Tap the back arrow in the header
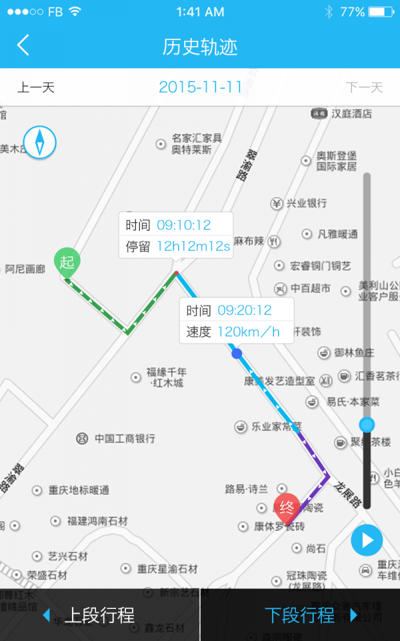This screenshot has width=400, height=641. (x=23, y=45)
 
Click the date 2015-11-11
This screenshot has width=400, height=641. (x=200, y=87)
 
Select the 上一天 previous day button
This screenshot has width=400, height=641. (x=36, y=87)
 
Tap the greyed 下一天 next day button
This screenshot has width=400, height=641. (x=364, y=87)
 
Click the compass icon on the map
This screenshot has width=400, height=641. (x=39, y=142)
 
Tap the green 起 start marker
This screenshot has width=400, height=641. (x=67, y=262)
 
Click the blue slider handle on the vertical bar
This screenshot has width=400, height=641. (x=367, y=425)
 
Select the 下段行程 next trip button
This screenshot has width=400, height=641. (x=301, y=615)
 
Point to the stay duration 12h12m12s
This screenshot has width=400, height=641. (x=193, y=246)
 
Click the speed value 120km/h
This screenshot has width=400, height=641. (x=249, y=331)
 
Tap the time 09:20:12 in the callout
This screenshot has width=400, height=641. (x=245, y=310)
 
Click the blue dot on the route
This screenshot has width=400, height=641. (x=236, y=353)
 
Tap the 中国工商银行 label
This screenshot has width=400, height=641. (x=124, y=439)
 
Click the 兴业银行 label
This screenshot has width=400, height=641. (x=306, y=203)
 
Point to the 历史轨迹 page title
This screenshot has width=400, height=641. (x=200, y=46)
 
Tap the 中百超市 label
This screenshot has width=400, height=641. (x=311, y=288)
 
